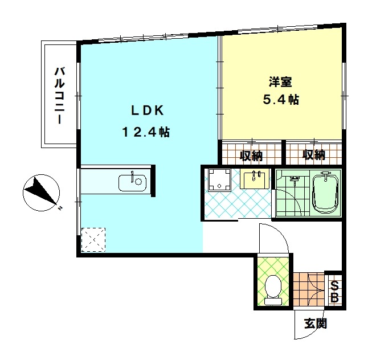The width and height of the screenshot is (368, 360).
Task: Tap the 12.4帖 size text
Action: (145, 132)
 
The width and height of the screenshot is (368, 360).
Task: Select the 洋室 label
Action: (278, 81)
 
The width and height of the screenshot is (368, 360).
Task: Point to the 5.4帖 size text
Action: (280, 100)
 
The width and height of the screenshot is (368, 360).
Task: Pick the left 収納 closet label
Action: (250, 154)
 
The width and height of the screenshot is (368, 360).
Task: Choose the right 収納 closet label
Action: (313, 154)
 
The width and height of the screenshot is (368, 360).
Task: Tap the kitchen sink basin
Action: (132, 182)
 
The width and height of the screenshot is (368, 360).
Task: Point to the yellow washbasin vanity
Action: (253, 179)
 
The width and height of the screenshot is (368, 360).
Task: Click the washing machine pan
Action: (218, 180)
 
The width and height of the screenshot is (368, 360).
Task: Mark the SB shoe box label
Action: (335, 292)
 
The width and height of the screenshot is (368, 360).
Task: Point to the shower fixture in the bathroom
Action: (295, 181)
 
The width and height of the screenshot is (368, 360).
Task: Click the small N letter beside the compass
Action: (59, 208)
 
